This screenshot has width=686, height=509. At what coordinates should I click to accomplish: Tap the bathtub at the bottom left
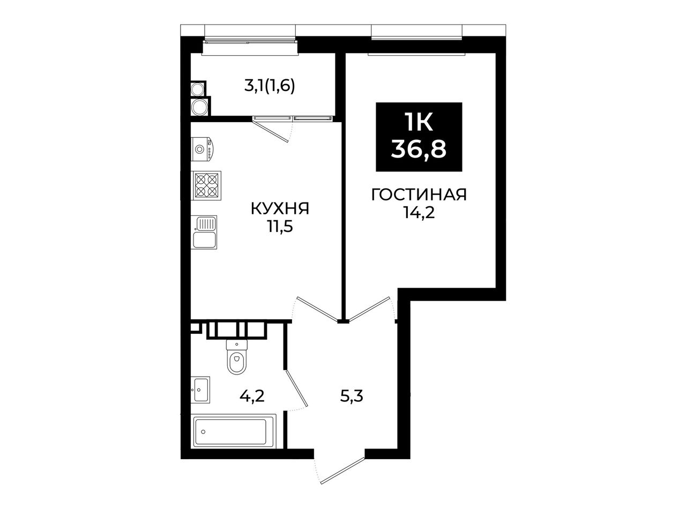[234, 432]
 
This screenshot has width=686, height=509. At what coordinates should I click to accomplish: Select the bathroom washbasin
[200, 390]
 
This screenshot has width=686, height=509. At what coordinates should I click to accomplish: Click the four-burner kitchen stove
[206, 185]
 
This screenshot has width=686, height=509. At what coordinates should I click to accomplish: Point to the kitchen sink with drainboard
[204, 232]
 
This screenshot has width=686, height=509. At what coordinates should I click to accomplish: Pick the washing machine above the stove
[203, 149]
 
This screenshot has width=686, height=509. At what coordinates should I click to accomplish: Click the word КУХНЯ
[280, 208]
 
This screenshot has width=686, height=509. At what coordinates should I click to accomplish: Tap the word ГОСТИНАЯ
[419, 195]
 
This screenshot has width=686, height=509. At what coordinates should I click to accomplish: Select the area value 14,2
[419, 213]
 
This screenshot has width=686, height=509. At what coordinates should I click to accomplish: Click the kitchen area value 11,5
[280, 227]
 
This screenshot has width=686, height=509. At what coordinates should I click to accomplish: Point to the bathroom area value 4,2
[252, 396]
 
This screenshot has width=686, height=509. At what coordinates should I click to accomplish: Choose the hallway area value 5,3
[352, 396]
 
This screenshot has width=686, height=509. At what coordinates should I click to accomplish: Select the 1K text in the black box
[419, 122]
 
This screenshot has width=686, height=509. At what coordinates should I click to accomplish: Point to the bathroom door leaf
[296, 388]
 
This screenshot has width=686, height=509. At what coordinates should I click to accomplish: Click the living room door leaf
[369, 308]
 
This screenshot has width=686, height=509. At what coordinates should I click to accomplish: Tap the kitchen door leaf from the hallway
[317, 308]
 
